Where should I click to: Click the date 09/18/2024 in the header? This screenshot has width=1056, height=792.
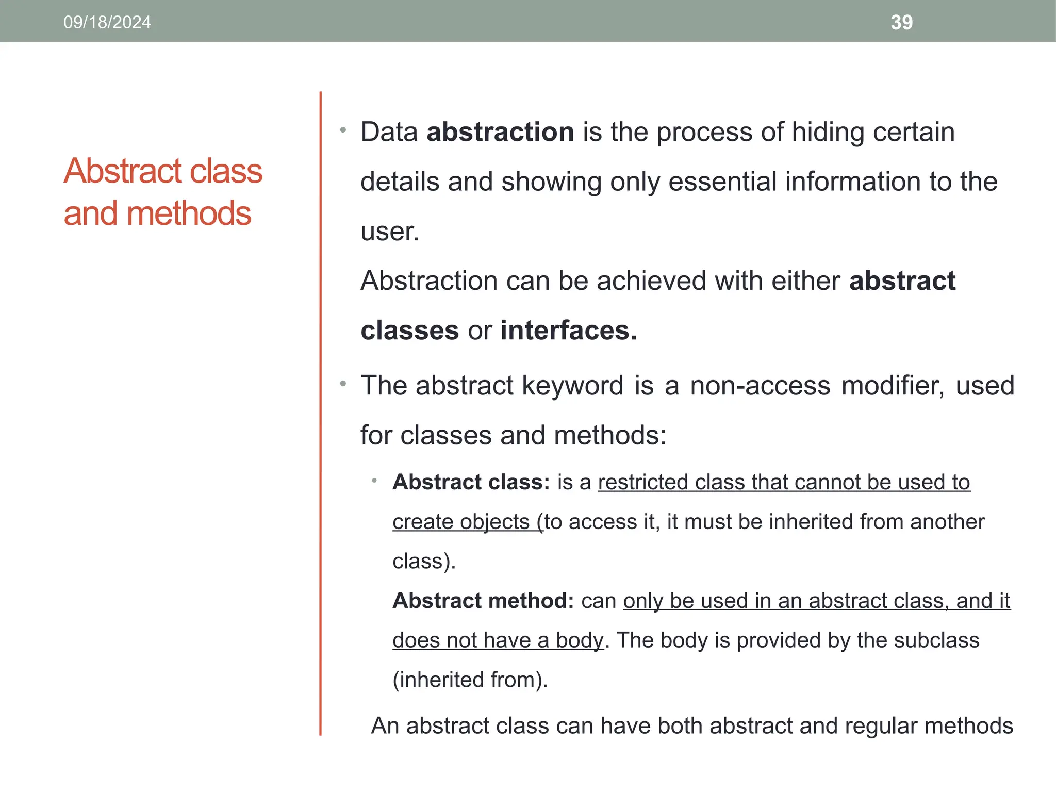pyautogui.click(x=107, y=22)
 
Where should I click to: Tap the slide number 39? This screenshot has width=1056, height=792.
pyautogui.click(x=901, y=22)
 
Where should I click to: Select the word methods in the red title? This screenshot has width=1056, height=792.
pyautogui.click(x=189, y=213)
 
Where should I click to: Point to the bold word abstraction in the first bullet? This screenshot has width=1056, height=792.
pyautogui.click(x=500, y=132)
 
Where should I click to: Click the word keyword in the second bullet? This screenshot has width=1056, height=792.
pyautogui.click(x=572, y=386)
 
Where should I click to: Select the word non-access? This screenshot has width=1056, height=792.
pyautogui.click(x=760, y=386)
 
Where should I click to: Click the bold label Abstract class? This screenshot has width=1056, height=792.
pyautogui.click(x=471, y=482)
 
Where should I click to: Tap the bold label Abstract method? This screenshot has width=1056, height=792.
pyautogui.click(x=483, y=601)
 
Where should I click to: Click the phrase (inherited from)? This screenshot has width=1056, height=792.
pyautogui.click(x=470, y=680)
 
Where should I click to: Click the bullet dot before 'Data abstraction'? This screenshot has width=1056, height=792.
pyautogui.click(x=343, y=130)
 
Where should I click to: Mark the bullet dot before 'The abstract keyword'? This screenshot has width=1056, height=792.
pyautogui.click(x=343, y=384)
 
